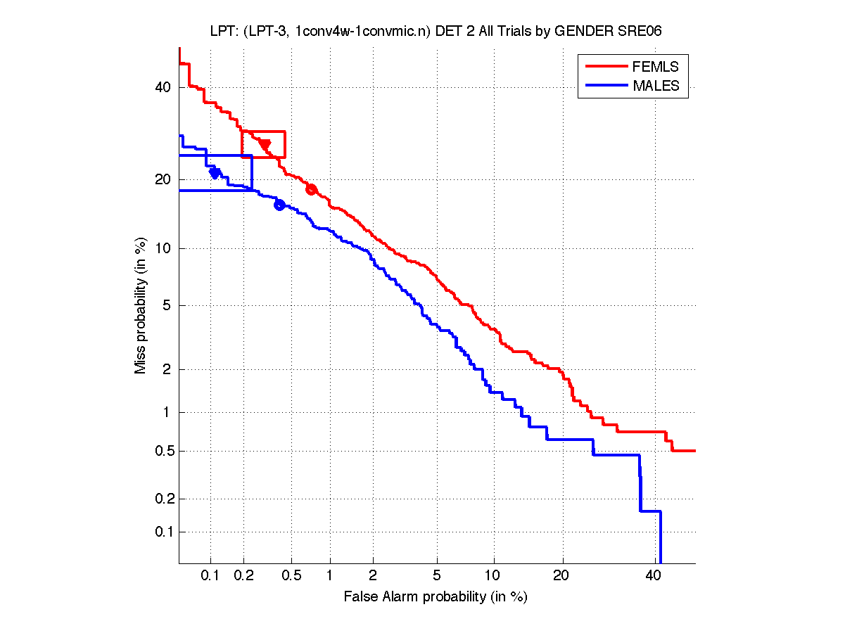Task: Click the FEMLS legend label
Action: click(x=656, y=67)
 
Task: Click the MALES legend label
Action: click(x=656, y=86)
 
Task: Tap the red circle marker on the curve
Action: click(x=311, y=189)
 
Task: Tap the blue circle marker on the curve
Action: click(x=279, y=205)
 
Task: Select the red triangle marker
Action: click(x=265, y=145)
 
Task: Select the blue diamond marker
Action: click(x=215, y=173)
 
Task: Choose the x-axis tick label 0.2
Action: click(x=243, y=576)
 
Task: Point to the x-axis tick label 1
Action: click(x=329, y=576)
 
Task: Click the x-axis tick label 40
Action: click(x=654, y=576)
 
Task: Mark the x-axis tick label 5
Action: click(x=437, y=576)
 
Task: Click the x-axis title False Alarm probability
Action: click(x=436, y=597)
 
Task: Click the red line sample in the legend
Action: click(x=605, y=67)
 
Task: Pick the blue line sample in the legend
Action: click(x=605, y=86)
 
